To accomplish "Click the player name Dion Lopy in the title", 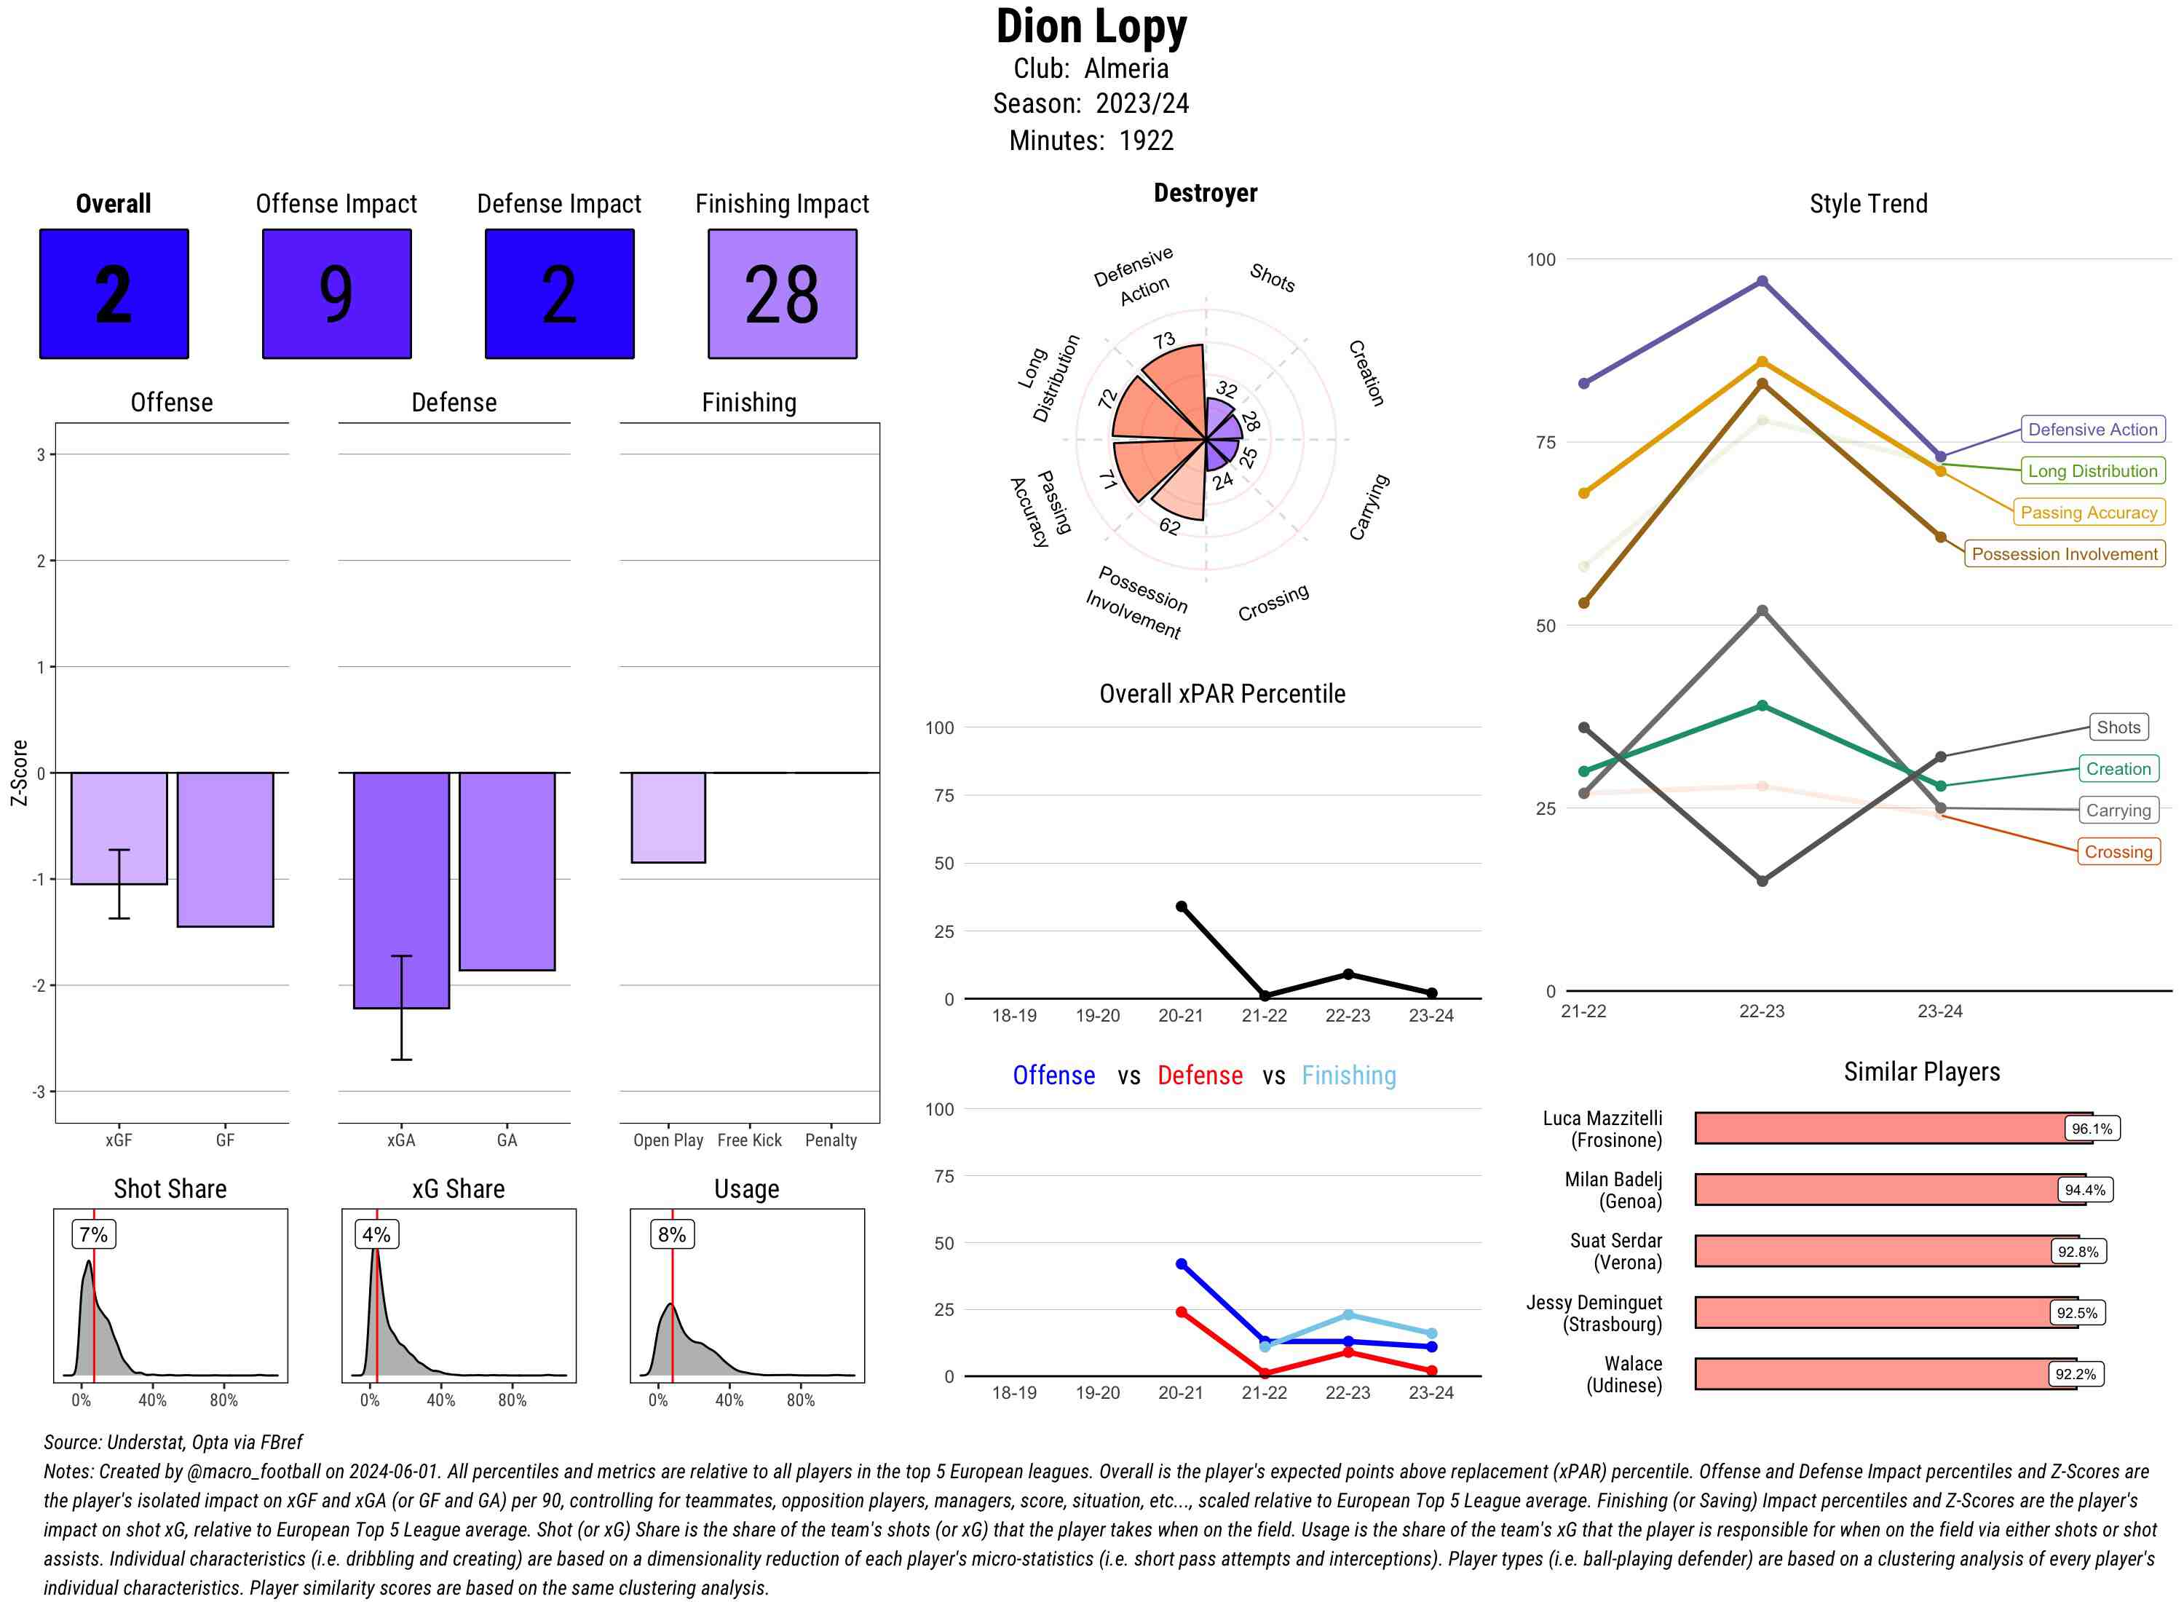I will coord(1091,27).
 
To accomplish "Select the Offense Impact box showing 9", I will coord(336,294).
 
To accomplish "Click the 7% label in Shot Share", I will coord(93,1234).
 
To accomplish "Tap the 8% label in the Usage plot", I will coord(672,1234).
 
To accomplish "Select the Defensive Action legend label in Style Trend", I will coord(2092,430).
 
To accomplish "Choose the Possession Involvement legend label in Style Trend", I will coord(2064,553).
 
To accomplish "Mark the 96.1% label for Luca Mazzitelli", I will coord(2091,1129).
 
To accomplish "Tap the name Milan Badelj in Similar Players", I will coord(1613,1179).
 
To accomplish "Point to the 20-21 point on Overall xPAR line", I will coord(1181,907).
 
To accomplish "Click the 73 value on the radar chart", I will coord(1164,340).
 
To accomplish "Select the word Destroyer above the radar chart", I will coord(1205,193).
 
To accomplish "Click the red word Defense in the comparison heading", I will coord(1199,1076).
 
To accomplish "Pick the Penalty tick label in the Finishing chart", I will coord(831,1140).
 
